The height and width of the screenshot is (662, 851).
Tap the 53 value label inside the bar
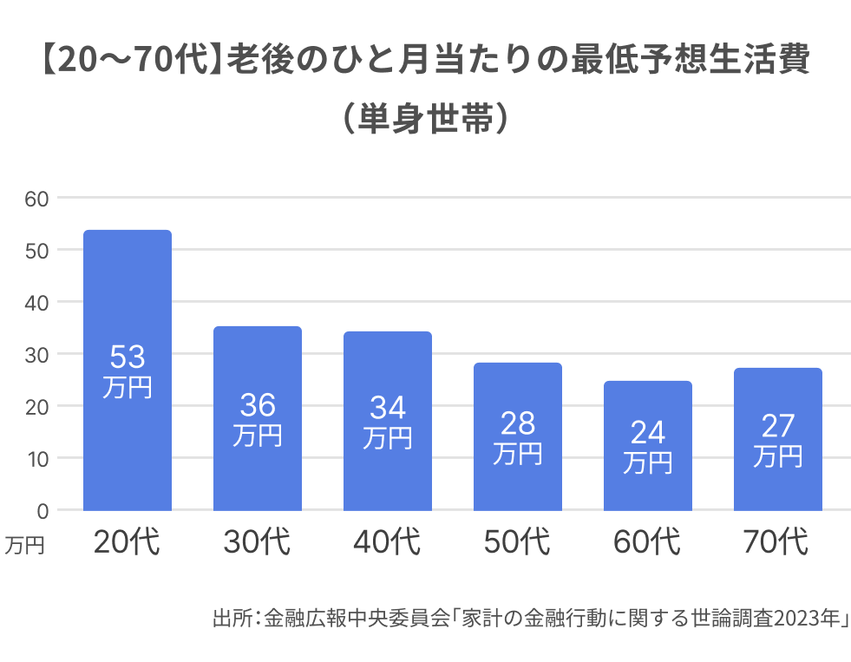coord(128,357)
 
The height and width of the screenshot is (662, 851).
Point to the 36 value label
coord(258,405)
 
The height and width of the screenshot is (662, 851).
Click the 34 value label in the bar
coord(388,408)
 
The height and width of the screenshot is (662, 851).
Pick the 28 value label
coord(518,423)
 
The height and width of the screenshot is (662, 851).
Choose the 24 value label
coord(648,432)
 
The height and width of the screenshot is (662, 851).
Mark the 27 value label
coord(778,426)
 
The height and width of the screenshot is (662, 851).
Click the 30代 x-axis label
coord(257,542)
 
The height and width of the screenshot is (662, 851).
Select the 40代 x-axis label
coord(387,542)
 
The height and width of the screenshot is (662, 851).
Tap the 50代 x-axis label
coord(517,542)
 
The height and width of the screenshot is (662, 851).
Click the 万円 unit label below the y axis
coord(24,545)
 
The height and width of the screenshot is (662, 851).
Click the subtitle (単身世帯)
coord(425,119)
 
